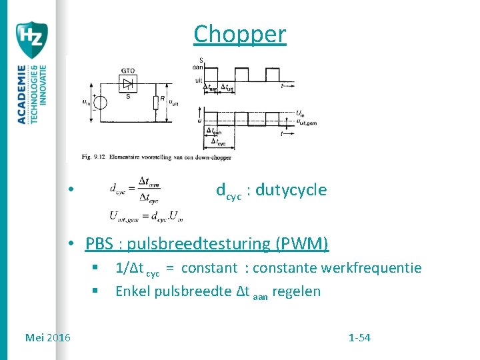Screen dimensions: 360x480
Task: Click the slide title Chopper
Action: click(240, 34)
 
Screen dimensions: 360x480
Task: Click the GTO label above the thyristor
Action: click(129, 70)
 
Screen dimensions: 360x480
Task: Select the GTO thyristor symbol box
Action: click(127, 83)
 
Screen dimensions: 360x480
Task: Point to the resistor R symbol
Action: click(155, 102)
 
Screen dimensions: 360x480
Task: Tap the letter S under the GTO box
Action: click(127, 96)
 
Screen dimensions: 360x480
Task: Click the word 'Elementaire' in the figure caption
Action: click(122, 157)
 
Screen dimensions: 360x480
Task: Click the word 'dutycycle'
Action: click(291, 191)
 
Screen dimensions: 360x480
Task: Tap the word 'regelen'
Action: click(298, 291)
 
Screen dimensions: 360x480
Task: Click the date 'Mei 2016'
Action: click(47, 338)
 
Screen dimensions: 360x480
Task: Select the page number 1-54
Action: click(359, 338)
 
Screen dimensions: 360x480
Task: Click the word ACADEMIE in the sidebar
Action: click(22, 94)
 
